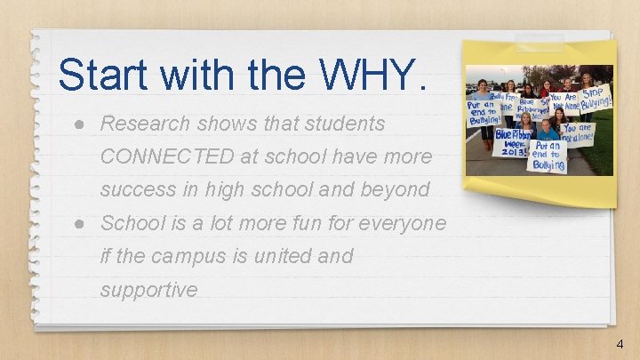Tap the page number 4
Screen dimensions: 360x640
619,344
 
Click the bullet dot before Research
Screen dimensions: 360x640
80,124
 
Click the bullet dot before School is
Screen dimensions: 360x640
80,223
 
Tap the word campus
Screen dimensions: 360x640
193,256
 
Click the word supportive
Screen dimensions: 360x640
148,290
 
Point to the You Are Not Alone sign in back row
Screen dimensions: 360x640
564,104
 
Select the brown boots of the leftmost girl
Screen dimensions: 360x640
486,143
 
